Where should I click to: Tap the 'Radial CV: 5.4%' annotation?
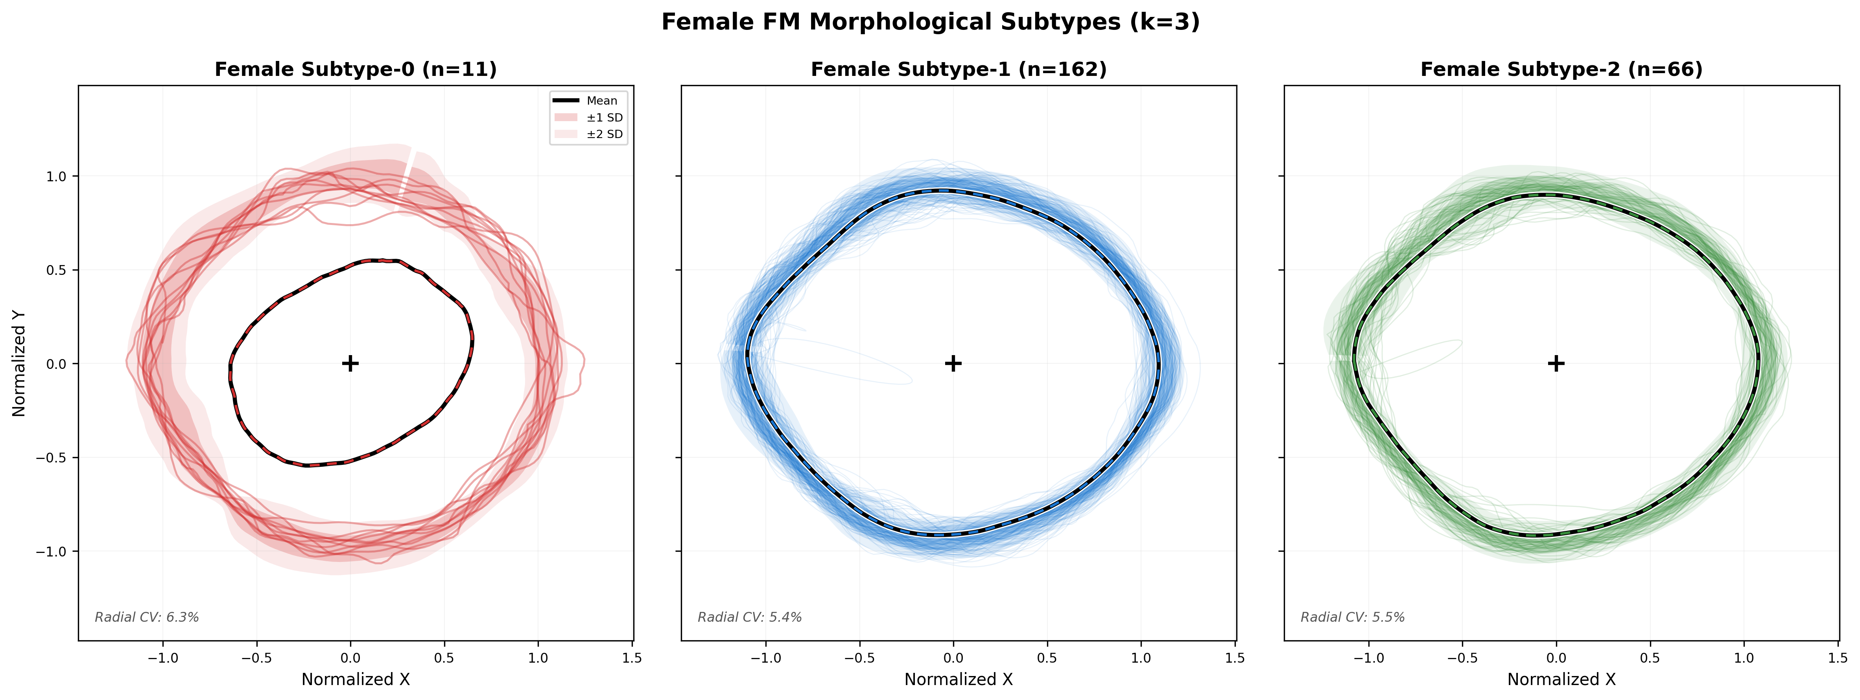pyautogui.click(x=750, y=617)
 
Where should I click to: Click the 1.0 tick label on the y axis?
pyautogui.click(x=56, y=176)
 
